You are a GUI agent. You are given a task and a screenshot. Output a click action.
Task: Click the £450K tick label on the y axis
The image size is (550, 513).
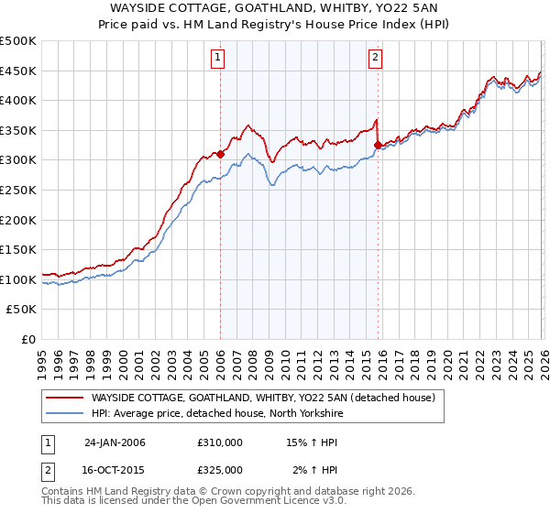(18, 71)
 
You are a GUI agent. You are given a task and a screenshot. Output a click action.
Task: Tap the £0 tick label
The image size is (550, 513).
(28, 339)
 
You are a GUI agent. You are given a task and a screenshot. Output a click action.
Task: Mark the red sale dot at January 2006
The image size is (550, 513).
(221, 155)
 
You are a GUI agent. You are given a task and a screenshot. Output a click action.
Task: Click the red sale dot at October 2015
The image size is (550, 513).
(378, 145)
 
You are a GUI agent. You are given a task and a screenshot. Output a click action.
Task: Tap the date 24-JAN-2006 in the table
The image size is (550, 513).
(115, 442)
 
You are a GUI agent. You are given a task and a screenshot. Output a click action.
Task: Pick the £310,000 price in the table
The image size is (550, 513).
(220, 442)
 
